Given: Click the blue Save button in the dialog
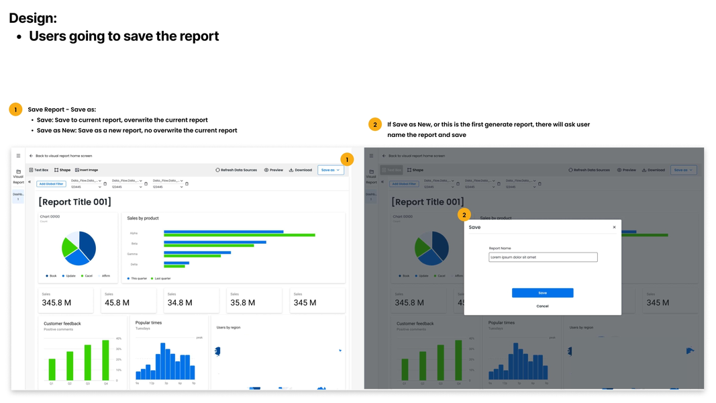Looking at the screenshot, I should pyautogui.click(x=542, y=293).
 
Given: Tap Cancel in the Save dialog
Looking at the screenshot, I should pyautogui.click(x=542, y=306).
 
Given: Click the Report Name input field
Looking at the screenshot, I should pyautogui.click(x=542, y=257).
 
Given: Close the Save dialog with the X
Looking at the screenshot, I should pyautogui.click(x=614, y=227).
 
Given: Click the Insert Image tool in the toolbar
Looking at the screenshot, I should pyautogui.click(x=87, y=170).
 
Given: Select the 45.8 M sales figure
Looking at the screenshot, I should pyautogui.click(x=117, y=303).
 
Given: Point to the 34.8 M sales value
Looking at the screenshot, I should pyautogui.click(x=180, y=303).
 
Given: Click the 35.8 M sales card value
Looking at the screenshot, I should pyautogui.click(x=242, y=303).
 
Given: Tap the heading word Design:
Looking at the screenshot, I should pyautogui.click(x=33, y=18).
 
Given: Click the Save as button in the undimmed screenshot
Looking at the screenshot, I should pyautogui.click(x=330, y=170).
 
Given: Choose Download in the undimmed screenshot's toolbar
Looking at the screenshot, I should pyautogui.click(x=301, y=170).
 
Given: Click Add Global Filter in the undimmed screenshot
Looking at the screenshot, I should pyautogui.click(x=51, y=183).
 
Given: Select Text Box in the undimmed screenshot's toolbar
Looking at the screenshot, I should pyautogui.click(x=38, y=170).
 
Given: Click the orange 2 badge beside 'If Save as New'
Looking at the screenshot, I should pyautogui.click(x=375, y=124).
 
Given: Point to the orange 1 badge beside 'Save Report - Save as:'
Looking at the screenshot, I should pyautogui.click(x=15, y=109).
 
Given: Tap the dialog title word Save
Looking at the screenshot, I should pyautogui.click(x=474, y=227).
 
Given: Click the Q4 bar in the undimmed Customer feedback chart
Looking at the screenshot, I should pyautogui.click(x=105, y=361).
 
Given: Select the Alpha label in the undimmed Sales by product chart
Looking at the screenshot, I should pyautogui.click(x=134, y=233).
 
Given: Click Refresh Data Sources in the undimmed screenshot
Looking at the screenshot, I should pyautogui.click(x=236, y=170).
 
